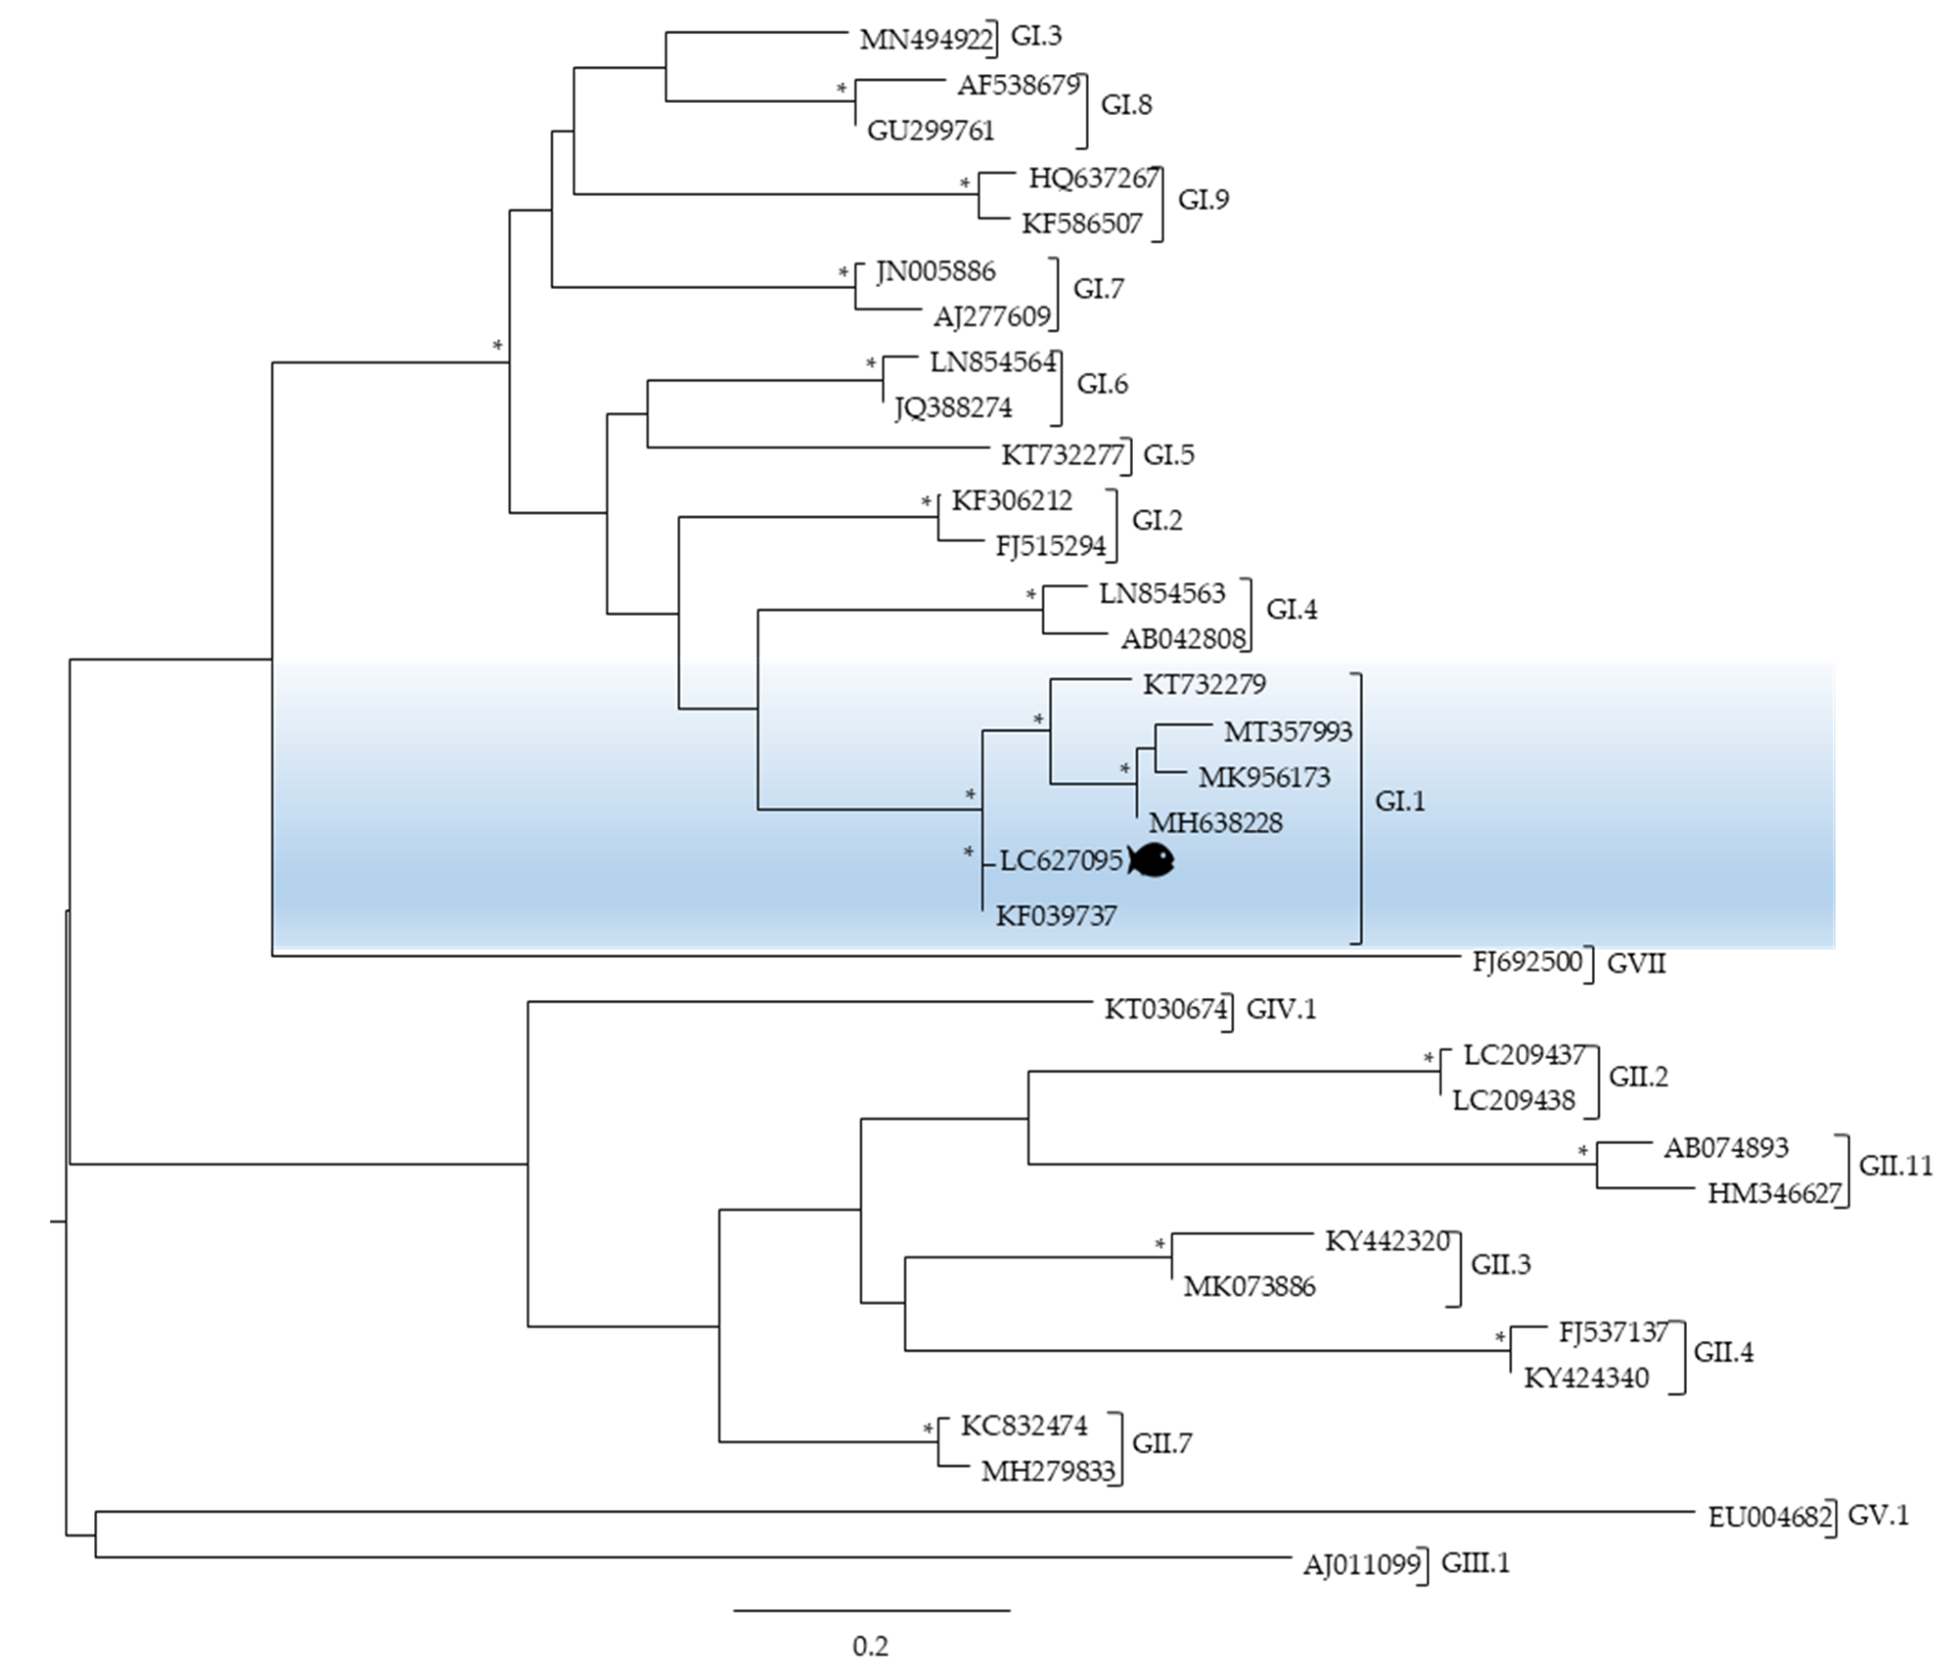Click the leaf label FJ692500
[x=1527, y=962]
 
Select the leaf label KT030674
[x=1166, y=1010]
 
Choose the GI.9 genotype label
[x=1203, y=200]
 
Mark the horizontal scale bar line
[x=872, y=1610]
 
